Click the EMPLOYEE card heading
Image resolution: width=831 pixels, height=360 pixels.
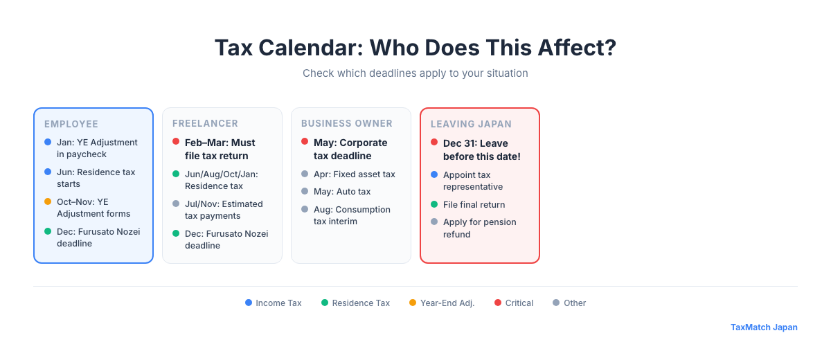click(71, 125)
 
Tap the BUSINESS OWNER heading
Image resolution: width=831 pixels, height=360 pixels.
click(346, 124)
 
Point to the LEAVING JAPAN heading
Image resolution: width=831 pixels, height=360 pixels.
click(471, 125)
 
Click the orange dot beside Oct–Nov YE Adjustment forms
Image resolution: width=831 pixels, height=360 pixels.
click(48, 201)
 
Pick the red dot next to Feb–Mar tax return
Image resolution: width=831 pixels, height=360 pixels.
click(176, 142)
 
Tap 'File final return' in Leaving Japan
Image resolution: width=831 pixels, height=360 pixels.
click(474, 205)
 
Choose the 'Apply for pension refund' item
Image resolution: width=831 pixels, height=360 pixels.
click(479, 228)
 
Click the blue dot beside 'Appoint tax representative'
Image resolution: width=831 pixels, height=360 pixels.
click(434, 174)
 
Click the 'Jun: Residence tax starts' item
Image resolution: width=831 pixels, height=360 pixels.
click(96, 178)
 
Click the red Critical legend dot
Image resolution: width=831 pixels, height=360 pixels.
click(498, 303)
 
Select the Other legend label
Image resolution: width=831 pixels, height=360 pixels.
click(575, 303)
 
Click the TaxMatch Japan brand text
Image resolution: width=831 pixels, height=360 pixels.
click(764, 327)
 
